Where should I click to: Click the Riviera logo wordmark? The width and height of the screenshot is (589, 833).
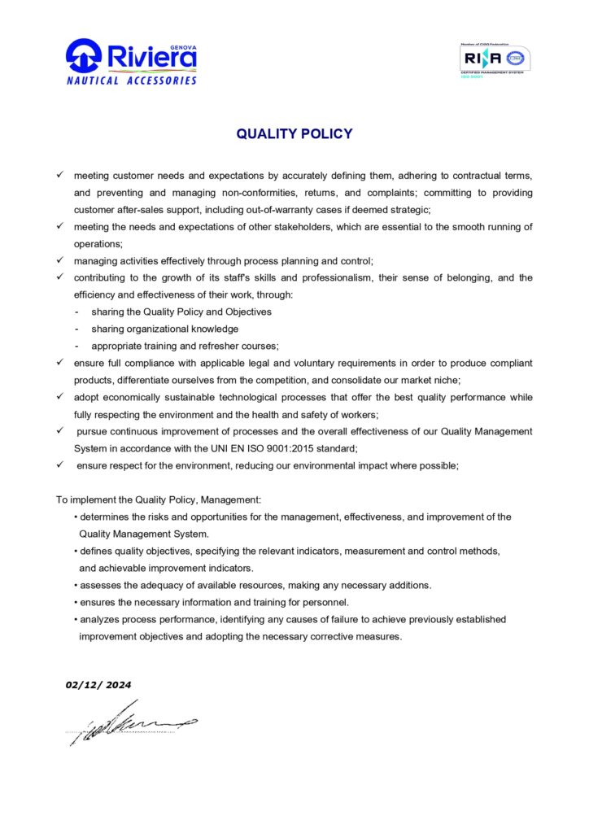pyautogui.click(x=151, y=57)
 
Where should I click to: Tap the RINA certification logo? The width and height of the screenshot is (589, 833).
pyautogui.click(x=495, y=59)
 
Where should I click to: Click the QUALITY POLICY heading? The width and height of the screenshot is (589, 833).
pyautogui.click(x=294, y=134)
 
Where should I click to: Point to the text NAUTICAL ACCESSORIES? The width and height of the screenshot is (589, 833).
pyautogui.click(x=132, y=81)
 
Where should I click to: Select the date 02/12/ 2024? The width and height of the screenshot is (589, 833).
pyautogui.click(x=98, y=685)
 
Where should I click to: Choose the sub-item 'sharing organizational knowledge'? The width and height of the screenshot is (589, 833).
pyautogui.click(x=165, y=329)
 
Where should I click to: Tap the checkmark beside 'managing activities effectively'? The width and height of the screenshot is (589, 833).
pyautogui.click(x=60, y=260)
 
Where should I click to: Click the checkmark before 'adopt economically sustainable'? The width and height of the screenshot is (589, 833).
pyautogui.click(x=60, y=397)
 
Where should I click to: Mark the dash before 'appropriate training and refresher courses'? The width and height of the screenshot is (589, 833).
pyautogui.click(x=76, y=346)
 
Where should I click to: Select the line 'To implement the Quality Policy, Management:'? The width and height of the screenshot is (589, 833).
pyautogui.click(x=158, y=499)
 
